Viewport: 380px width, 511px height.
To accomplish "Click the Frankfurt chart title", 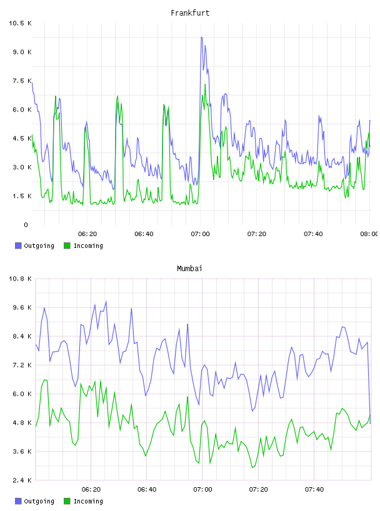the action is [x=190, y=13].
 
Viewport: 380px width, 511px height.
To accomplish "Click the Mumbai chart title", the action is [x=189, y=269].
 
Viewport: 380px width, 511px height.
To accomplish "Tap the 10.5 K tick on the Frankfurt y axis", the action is [x=20, y=23].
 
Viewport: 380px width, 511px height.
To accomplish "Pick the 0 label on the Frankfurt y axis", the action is [x=26, y=225].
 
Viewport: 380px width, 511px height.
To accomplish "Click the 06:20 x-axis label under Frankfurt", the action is [x=87, y=234].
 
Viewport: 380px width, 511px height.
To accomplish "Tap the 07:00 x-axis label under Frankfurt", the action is [x=201, y=234].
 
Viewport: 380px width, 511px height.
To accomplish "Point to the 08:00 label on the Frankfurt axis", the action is [x=369, y=234].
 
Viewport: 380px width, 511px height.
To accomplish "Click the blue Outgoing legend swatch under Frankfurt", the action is [x=18, y=245].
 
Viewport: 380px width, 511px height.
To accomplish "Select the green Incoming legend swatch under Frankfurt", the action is [x=67, y=245].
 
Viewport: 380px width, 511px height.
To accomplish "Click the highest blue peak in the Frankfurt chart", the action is [x=201, y=38].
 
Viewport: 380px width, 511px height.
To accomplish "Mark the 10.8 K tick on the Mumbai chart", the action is [x=20, y=279].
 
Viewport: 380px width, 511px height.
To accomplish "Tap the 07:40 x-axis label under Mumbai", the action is [x=314, y=489].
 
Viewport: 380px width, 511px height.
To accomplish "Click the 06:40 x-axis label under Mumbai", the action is [x=147, y=489].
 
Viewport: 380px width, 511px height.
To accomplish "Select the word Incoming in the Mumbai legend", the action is [x=88, y=501].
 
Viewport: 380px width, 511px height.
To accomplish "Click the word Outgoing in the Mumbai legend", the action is [x=39, y=501].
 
